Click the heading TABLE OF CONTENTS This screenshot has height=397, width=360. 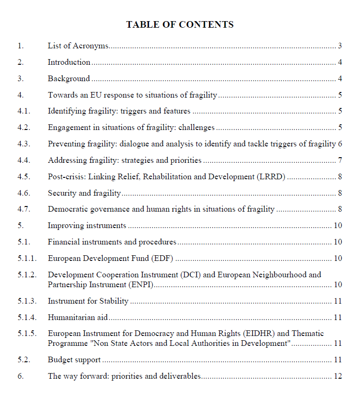180,24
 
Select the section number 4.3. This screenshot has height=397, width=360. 24,144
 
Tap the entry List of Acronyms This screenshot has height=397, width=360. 78,46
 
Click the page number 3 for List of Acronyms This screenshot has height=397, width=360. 340,46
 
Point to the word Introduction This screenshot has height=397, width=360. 69,62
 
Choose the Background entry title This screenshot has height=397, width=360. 68,79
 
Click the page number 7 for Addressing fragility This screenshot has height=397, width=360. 340,160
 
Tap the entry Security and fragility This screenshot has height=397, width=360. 84,193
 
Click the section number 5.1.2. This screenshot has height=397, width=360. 27,275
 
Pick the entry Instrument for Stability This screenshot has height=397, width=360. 88,301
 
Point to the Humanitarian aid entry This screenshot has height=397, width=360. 78,318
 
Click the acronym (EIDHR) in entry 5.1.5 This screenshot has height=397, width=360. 258,334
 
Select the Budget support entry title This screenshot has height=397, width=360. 74,360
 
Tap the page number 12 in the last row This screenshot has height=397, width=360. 337,376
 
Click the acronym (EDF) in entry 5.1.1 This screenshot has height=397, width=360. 162,259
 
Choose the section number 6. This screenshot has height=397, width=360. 21,376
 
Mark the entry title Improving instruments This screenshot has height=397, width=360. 87,226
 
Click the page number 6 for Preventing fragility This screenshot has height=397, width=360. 340,144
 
